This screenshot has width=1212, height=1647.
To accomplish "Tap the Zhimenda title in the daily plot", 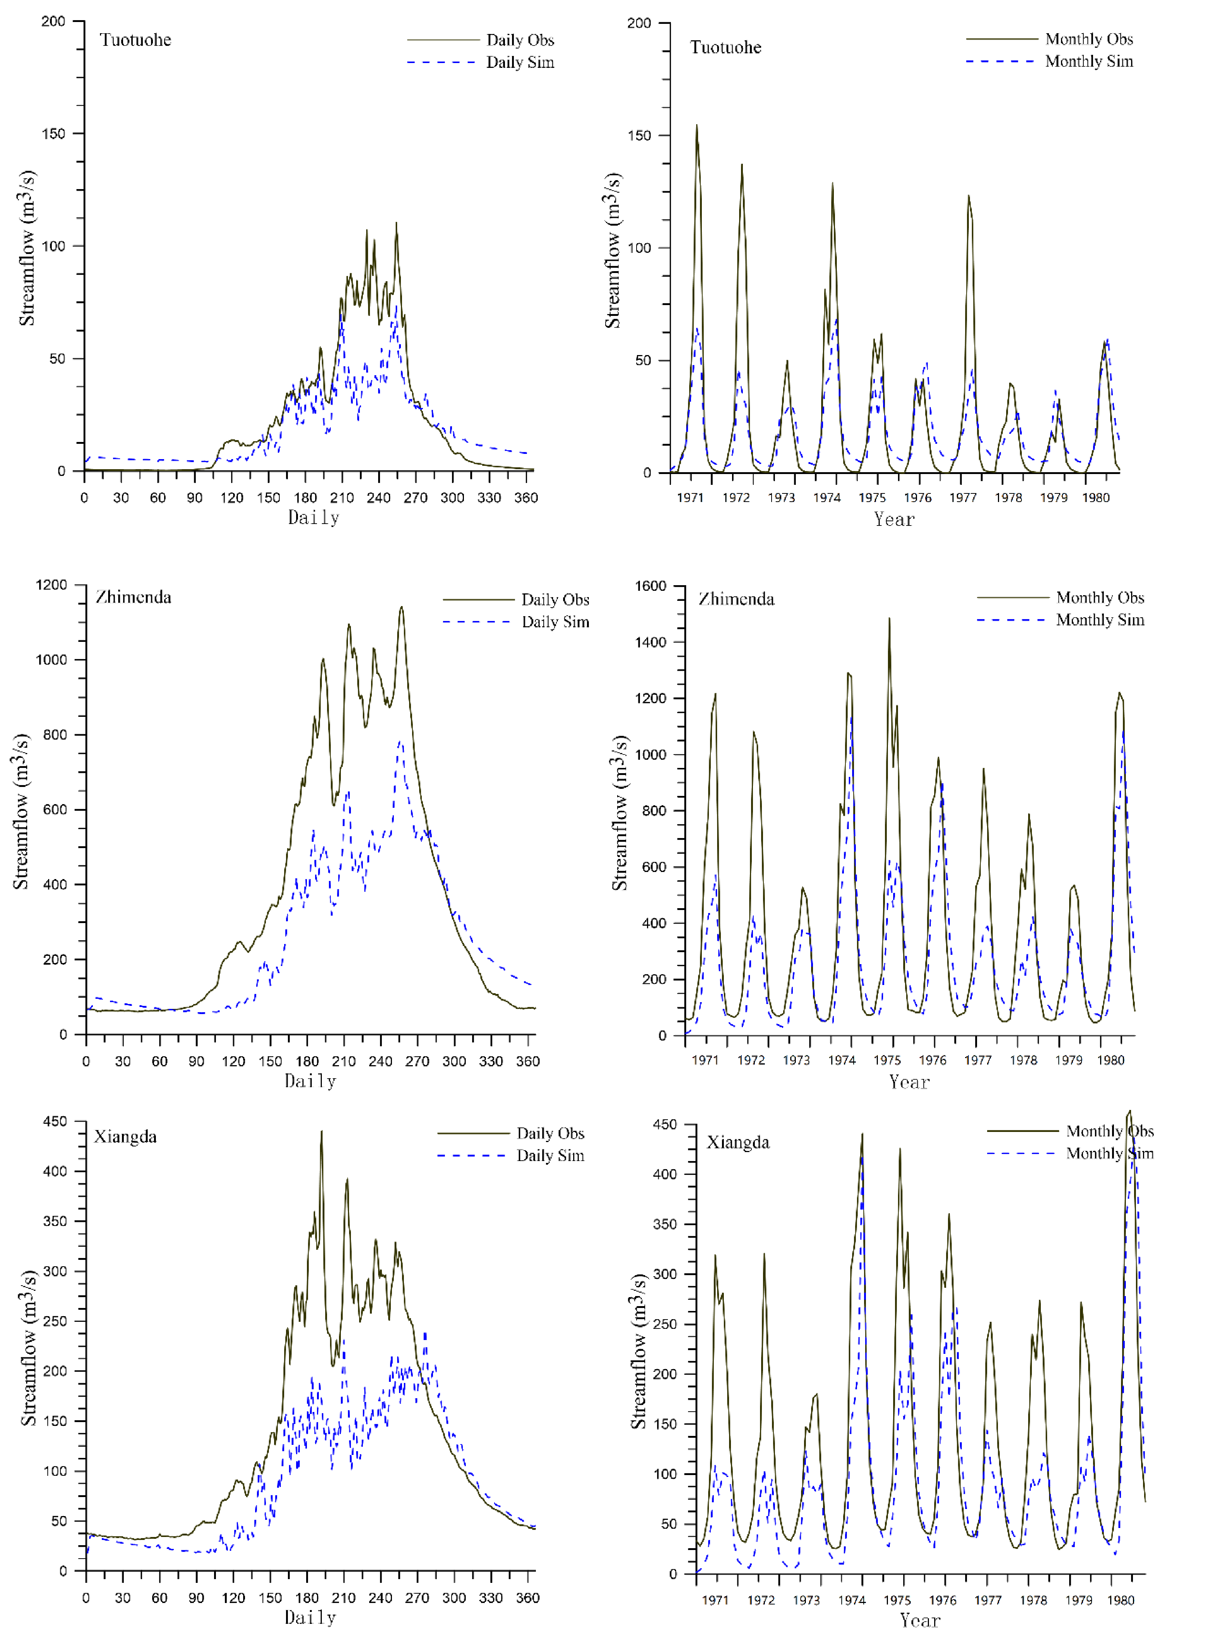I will [x=134, y=597].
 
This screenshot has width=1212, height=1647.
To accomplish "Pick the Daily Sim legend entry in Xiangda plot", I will [x=550, y=1155].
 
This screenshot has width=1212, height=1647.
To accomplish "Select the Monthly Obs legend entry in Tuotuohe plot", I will [x=1088, y=39].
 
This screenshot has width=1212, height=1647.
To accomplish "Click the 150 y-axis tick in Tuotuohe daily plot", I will [x=53, y=134].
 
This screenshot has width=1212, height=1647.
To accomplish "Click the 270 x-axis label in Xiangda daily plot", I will [x=417, y=1598].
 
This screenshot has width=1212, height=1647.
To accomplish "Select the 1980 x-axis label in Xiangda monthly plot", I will [x=1120, y=1600].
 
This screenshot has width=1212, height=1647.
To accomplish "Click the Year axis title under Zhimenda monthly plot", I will [x=909, y=1082].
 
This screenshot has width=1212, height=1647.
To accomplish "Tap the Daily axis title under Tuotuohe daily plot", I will [x=313, y=518].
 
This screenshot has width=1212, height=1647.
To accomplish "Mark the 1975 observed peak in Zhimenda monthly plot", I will [x=889, y=619].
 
